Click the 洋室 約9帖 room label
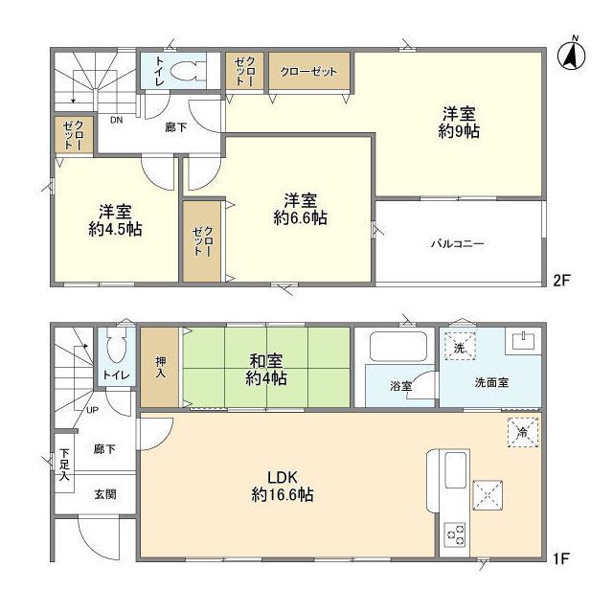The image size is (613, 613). [459, 122]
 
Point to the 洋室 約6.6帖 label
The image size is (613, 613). [301, 209]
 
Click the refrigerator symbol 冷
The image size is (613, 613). [522, 432]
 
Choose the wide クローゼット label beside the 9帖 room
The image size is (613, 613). [308, 71]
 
